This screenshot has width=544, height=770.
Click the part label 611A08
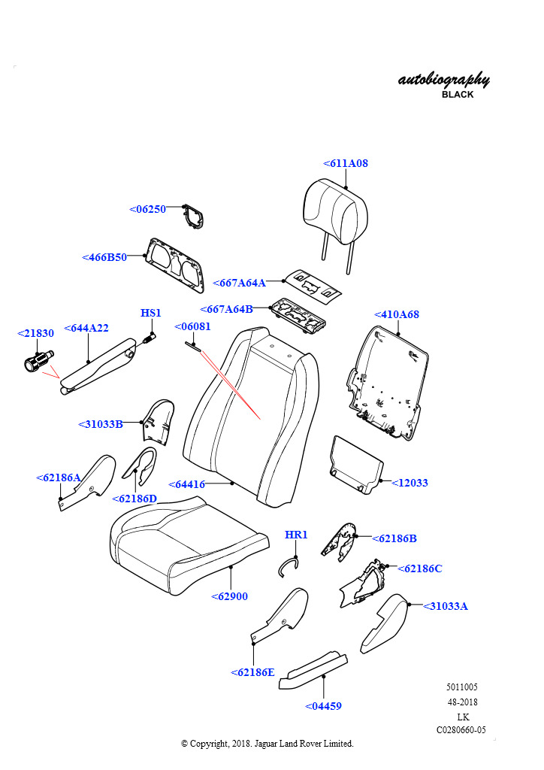[x=346, y=163]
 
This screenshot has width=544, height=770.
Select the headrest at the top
[x=331, y=210]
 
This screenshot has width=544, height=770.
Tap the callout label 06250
[x=147, y=209]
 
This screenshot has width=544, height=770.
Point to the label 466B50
[x=104, y=257]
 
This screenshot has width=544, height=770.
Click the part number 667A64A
[x=240, y=283]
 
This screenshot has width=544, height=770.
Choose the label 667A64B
[x=226, y=309]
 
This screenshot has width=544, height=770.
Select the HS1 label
[x=151, y=313]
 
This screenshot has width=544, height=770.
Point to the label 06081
[x=192, y=327]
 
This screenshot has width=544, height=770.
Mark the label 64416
[x=186, y=485]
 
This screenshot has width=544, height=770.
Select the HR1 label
[x=296, y=535]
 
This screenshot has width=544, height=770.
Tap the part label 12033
[x=410, y=483]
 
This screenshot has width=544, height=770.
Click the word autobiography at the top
[x=443, y=80]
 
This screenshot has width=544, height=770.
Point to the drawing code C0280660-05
[x=461, y=730]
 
